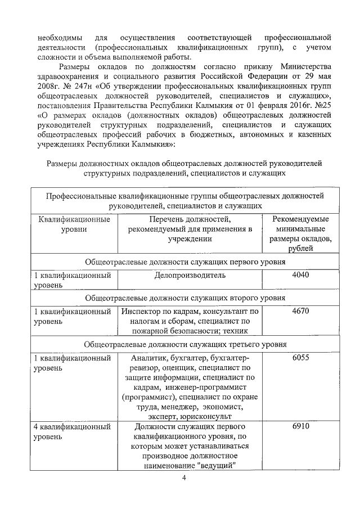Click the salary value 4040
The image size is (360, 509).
(300, 276)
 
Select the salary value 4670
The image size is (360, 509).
(300, 310)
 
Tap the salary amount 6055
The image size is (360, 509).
(300, 358)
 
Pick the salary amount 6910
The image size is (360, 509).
(300, 427)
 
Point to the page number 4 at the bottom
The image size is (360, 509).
(183, 478)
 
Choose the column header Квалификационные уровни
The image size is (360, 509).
(74, 224)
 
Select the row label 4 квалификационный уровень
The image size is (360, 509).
(73, 432)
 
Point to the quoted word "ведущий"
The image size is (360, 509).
(216, 465)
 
